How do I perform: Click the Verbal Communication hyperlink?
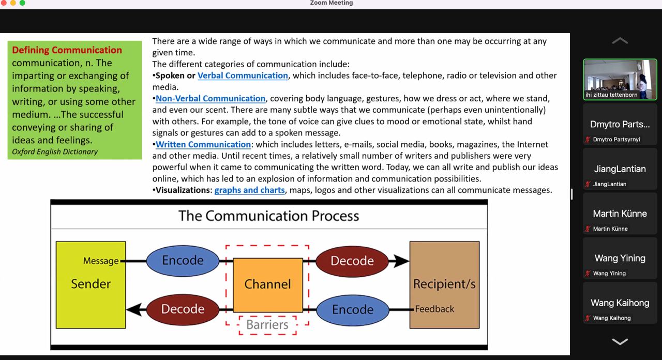[243, 76]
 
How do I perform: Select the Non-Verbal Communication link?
[210, 98]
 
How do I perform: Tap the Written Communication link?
[203, 144]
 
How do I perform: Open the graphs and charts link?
[249, 190]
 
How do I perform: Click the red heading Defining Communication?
[67, 50]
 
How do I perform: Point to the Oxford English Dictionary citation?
[55, 152]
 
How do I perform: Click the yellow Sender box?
[91, 284]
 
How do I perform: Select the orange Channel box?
[267, 284]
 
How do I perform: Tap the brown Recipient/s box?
[444, 284]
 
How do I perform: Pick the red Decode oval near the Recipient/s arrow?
[352, 261]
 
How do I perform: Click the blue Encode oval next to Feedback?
[352, 309]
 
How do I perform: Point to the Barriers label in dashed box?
[267, 325]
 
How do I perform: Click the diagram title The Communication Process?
[268, 216]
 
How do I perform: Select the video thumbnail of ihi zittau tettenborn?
[620, 79]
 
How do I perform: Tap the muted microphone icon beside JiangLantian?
[588, 184]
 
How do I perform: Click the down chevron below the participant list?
[620, 341]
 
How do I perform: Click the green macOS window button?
[22, 3]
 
